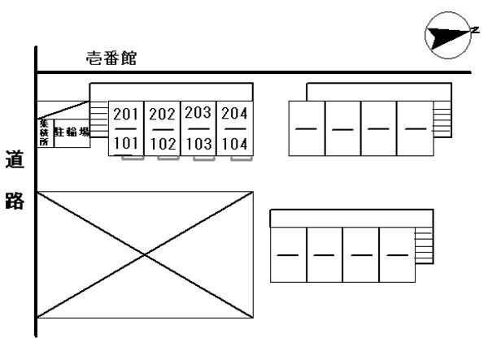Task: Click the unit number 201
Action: pyautogui.click(x=127, y=114)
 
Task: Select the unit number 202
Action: pyautogui.click(x=163, y=115)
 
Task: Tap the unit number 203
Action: pyautogui.click(x=198, y=114)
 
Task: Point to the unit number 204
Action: pyautogui.click(x=234, y=114)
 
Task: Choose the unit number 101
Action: pyautogui.click(x=127, y=145)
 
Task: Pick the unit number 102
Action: pyautogui.click(x=163, y=145)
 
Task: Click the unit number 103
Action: pyautogui.click(x=198, y=145)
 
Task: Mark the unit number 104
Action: pyautogui.click(x=234, y=145)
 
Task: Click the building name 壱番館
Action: pyautogui.click(x=112, y=58)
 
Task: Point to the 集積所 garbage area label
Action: pyautogui.click(x=44, y=132)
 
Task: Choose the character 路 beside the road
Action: pyautogui.click(x=14, y=201)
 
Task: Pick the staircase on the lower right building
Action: pyautogui.click(x=422, y=244)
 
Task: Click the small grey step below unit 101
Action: pyautogui.click(x=133, y=158)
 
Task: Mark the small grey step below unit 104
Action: pyautogui.click(x=240, y=158)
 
